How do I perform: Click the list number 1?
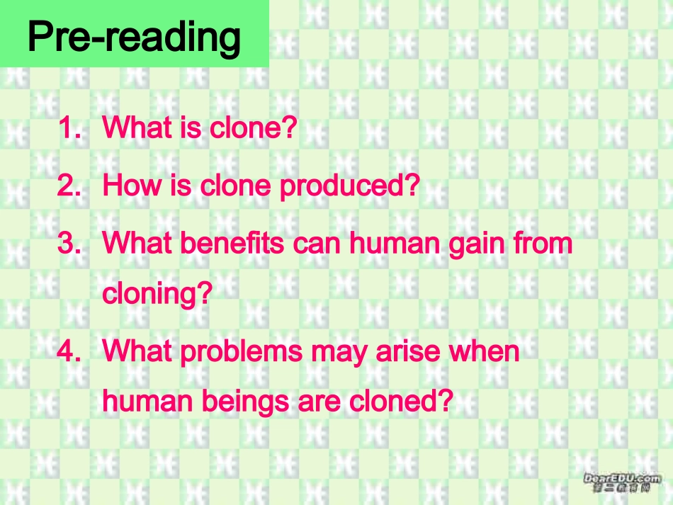69,128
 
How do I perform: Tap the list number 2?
69,186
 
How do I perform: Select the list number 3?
69,243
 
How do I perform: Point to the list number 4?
69,351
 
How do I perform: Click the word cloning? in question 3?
157,293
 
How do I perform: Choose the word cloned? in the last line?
401,402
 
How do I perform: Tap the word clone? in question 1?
252,128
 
